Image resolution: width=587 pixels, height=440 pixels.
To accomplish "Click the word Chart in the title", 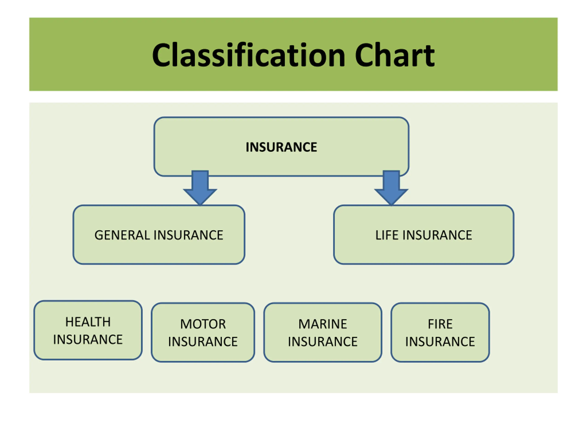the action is [395, 55].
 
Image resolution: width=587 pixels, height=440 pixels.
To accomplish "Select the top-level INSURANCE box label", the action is [281, 147].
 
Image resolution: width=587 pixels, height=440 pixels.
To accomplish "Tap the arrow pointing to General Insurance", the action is [200, 188].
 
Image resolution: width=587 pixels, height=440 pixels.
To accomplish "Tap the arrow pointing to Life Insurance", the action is [391, 188].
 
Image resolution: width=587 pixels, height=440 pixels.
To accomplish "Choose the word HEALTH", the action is [88, 322].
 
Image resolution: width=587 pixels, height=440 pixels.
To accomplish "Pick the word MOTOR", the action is [203, 324].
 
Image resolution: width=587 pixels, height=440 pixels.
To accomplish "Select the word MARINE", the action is [323, 324].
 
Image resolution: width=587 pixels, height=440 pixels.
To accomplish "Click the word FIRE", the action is [440, 324].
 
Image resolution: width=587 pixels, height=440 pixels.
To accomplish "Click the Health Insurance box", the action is [88, 330].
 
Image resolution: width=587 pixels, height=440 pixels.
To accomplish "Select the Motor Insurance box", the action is [203, 332].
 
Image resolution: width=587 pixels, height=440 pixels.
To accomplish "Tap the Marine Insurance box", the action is [323, 332].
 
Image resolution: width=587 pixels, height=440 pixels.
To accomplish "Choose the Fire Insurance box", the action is [440, 332].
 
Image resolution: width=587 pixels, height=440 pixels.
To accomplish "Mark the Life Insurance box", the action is [424, 235].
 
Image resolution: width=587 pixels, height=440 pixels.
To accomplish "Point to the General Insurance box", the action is [159, 235].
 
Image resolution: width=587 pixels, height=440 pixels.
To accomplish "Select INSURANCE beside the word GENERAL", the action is [188, 235].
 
